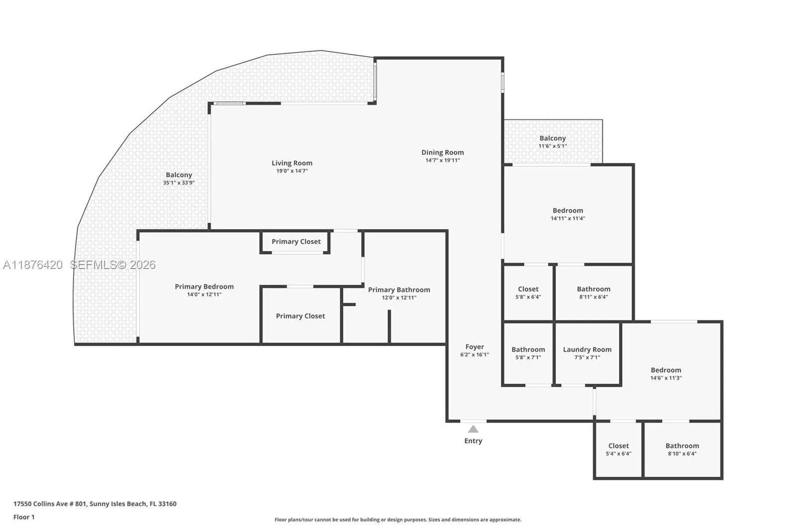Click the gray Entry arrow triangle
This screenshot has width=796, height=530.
(x=473, y=429)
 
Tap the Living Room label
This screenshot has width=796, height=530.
(x=292, y=163)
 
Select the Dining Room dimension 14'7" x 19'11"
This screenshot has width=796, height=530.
(x=442, y=161)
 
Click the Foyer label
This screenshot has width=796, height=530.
(x=475, y=347)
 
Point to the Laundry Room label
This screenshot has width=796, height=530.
(x=587, y=350)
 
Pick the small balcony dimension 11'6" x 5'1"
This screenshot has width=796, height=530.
(x=552, y=146)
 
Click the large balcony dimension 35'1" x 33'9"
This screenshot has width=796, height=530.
(x=179, y=183)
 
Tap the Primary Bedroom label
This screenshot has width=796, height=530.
(x=204, y=286)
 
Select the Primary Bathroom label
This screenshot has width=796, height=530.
(x=399, y=290)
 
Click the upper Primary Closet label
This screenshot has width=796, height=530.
(x=296, y=242)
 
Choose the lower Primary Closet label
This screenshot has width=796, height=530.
(x=300, y=316)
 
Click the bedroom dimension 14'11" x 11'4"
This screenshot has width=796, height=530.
(x=568, y=218)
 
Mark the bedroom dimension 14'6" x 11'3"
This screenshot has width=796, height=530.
(x=666, y=378)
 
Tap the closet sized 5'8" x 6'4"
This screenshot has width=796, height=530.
(x=528, y=292)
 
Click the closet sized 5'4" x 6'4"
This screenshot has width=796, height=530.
(x=618, y=449)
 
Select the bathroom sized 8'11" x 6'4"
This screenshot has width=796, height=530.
(x=594, y=292)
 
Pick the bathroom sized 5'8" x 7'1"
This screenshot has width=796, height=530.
(x=528, y=353)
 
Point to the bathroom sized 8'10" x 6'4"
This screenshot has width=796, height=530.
(x=682, y=449)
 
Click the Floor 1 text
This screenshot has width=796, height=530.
(x=24, y=517)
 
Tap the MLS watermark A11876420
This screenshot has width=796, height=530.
(x=33, y=265)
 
